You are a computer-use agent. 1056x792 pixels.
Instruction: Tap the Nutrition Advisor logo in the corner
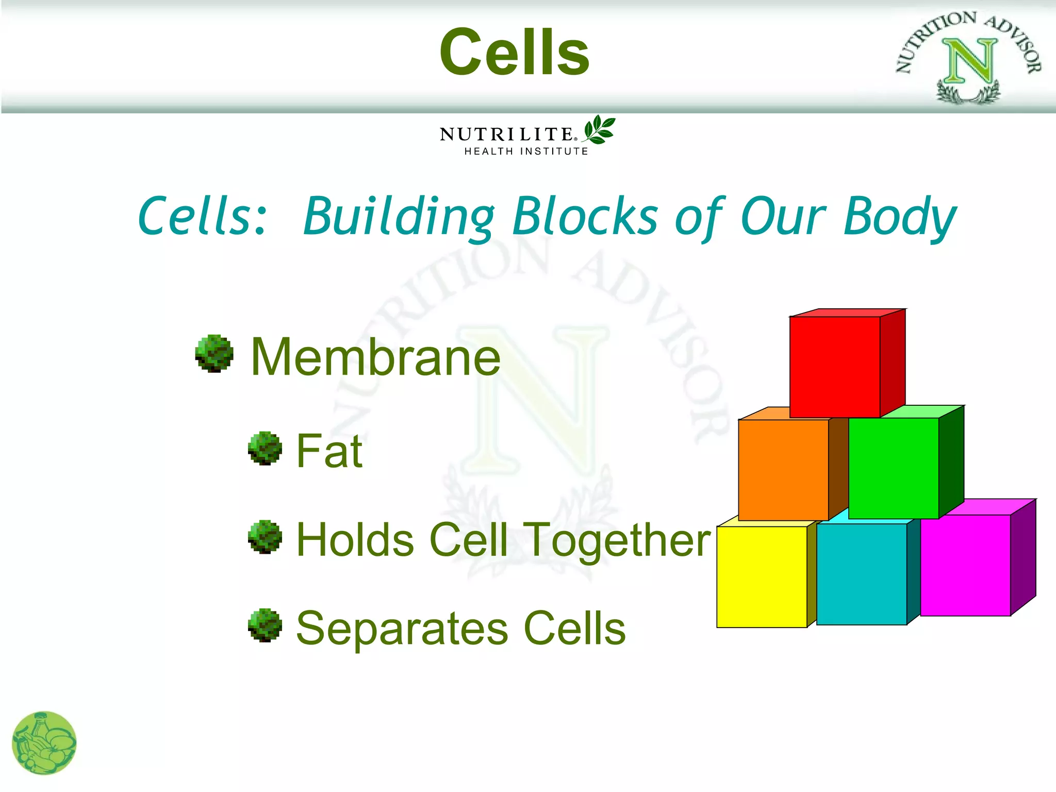968,57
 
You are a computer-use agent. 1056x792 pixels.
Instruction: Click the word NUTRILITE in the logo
507,135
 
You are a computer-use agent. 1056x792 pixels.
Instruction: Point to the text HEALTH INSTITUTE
526,152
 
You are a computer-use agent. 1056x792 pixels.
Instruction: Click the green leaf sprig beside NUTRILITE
599,129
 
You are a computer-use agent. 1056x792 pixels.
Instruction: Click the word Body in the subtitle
900,217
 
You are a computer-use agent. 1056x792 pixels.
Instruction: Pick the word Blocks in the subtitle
585,217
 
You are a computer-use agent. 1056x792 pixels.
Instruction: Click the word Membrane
375,357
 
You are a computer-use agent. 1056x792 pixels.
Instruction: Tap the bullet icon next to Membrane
214,354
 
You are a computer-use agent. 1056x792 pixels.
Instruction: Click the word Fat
329,451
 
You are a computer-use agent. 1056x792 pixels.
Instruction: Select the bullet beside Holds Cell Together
265,537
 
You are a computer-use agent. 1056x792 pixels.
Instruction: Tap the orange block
783,469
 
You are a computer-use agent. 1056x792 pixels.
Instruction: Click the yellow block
762,576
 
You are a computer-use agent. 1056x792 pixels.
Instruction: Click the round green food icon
44,743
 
